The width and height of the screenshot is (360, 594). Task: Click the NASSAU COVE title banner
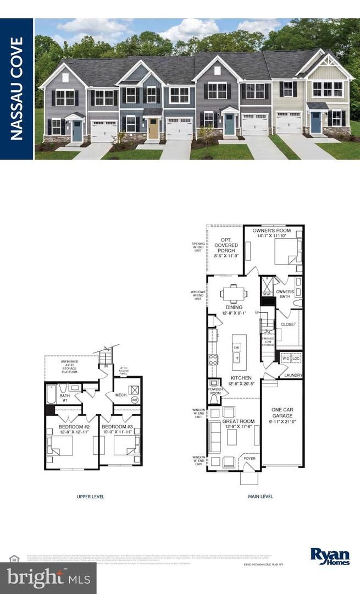[16, 89]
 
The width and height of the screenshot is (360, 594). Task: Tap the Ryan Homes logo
[330, 556]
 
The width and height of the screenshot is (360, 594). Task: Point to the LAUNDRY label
[293, 375]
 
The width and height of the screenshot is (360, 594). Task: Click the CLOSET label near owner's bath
[288, 324]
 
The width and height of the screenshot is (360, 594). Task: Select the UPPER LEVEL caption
[90, 497]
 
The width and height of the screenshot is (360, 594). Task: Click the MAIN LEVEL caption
[260, 497]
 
